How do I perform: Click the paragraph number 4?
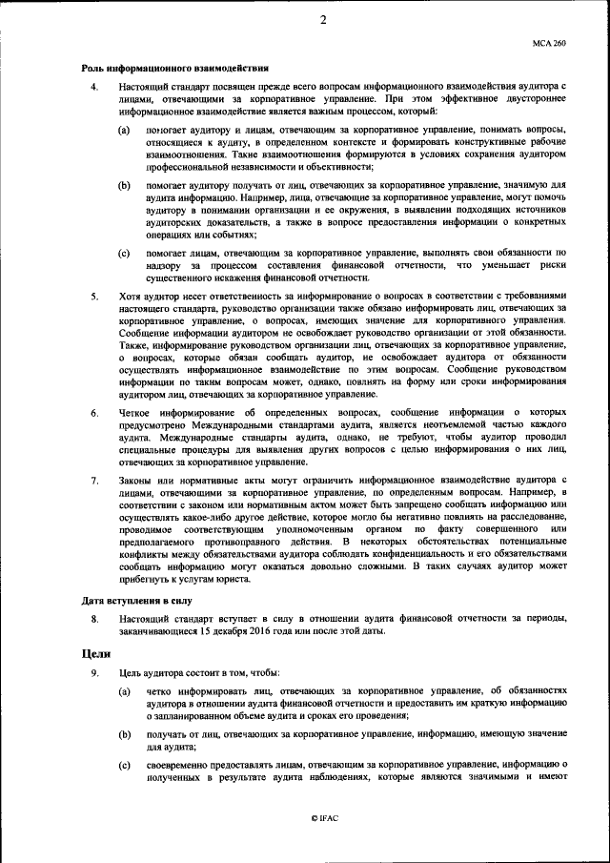(93, 88)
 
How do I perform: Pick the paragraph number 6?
(93, 413)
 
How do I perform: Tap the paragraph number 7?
(93, 479)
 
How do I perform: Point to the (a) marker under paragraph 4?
(124, 128)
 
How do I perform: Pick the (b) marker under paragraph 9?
(124, 734)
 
